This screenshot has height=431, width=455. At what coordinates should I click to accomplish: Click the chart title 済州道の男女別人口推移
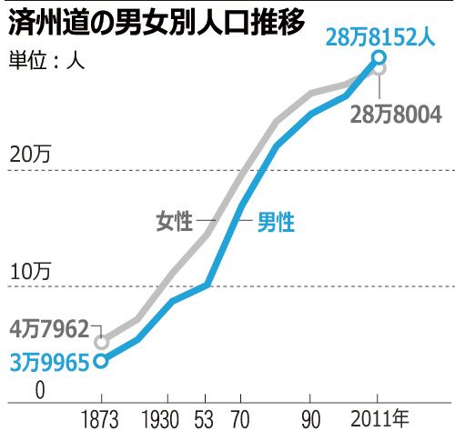point(156,23)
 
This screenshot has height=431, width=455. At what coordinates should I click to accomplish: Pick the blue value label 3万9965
point(49,362)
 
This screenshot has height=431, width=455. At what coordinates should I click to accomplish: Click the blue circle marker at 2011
point(379,59)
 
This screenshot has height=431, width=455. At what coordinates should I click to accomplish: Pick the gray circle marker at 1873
point(102,343)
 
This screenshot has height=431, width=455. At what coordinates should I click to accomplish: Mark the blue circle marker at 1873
point(102,361)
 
